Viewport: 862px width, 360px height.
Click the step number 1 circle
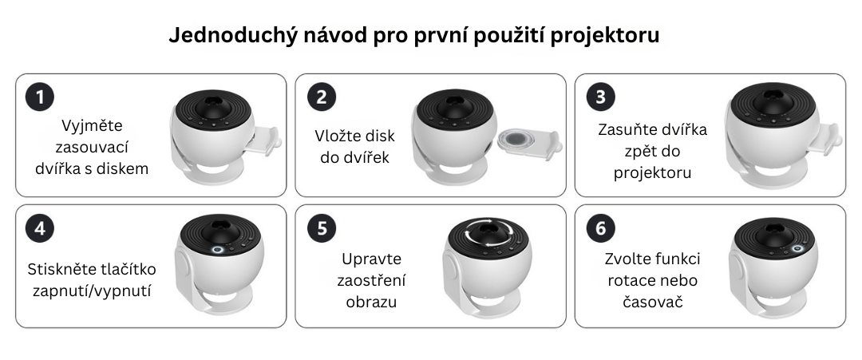click(x=40, y=97)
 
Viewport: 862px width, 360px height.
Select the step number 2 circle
click(x=321, y=97)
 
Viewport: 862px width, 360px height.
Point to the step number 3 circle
click(x=600, y=97)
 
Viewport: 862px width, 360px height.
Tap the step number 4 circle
click(x=40, y=228)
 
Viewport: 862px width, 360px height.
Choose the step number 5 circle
click(x=321, y=228)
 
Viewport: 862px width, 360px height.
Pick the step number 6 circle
click(x=600, y=228)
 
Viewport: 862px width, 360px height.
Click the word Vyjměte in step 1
click(x=92, y=126)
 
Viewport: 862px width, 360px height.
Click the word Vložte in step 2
click(x=334, y=136)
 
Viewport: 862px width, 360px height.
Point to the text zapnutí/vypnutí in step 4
click(x=92, y=291)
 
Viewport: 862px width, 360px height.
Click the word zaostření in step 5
click(x=371, y=280)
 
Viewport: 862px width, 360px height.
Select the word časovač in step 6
click(x=653, y=302)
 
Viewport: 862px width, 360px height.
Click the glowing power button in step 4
click(x=217, y=250)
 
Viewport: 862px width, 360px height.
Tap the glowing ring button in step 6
click(x=797, y=249)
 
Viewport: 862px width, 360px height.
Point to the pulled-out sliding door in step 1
click(x=263, y=140)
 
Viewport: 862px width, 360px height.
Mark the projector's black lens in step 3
click(x=773, y=103)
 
